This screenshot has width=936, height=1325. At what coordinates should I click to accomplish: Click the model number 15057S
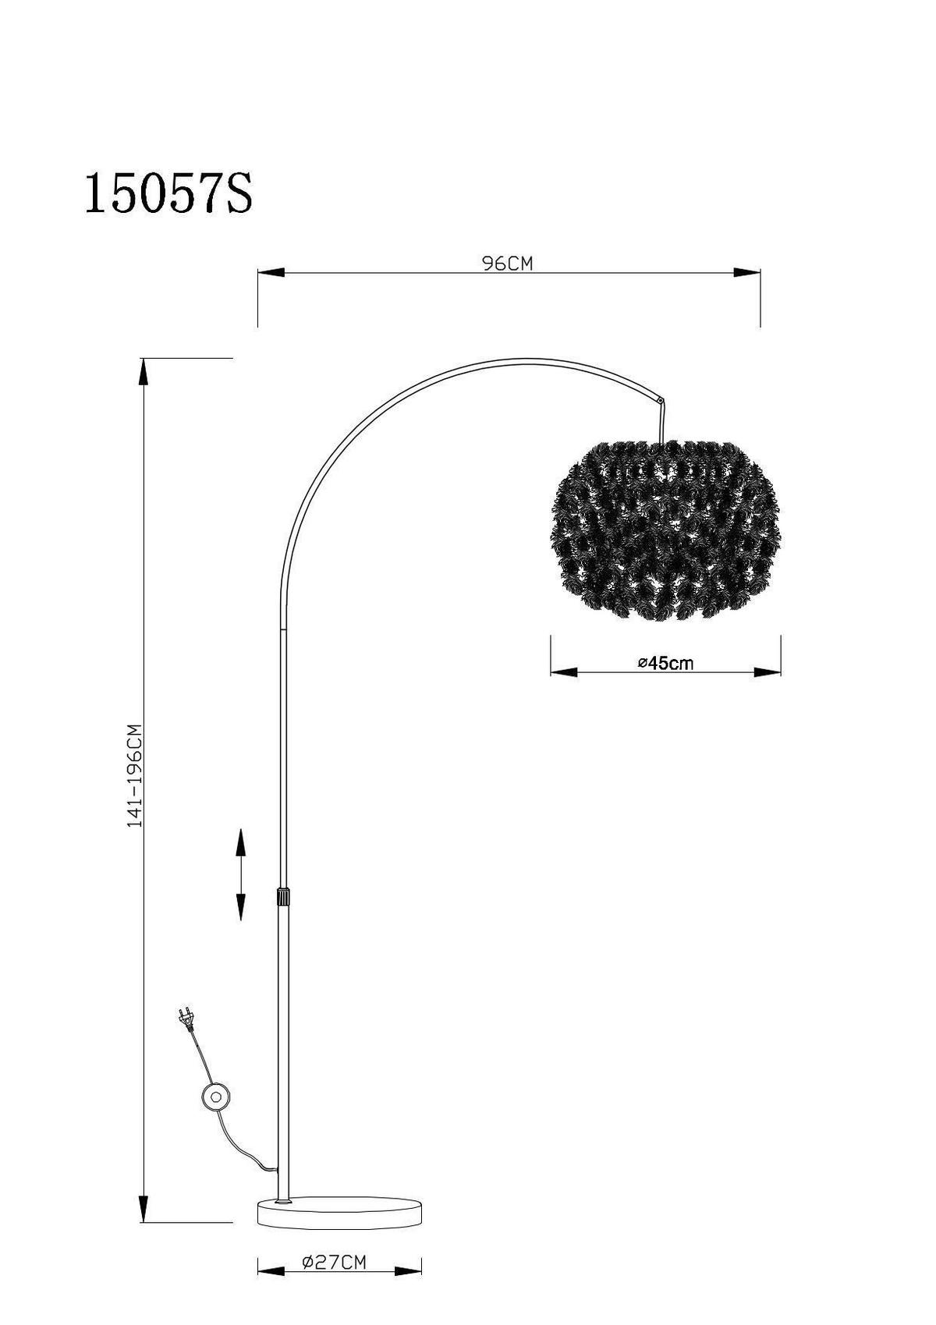[168, 194]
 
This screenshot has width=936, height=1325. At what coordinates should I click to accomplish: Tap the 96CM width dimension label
[507, 264]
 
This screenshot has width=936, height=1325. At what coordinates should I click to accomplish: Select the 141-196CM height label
[135, 775]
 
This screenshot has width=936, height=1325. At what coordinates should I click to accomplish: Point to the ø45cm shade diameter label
[665, 664]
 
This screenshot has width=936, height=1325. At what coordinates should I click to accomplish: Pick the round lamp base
[339, 1233]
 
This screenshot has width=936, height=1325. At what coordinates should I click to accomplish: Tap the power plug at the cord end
[186, 1018]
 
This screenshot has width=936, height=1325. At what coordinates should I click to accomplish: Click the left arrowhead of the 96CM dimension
[270, 273]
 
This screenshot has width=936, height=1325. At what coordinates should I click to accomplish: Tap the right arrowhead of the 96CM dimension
[747, 273]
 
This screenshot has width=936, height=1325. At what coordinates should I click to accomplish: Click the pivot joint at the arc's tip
[661, 401]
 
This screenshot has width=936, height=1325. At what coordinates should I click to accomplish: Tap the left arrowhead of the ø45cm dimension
[564, 672]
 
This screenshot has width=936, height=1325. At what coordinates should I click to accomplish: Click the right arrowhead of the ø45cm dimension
[768, 672]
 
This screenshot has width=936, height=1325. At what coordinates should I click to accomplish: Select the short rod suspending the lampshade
[662, 423]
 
